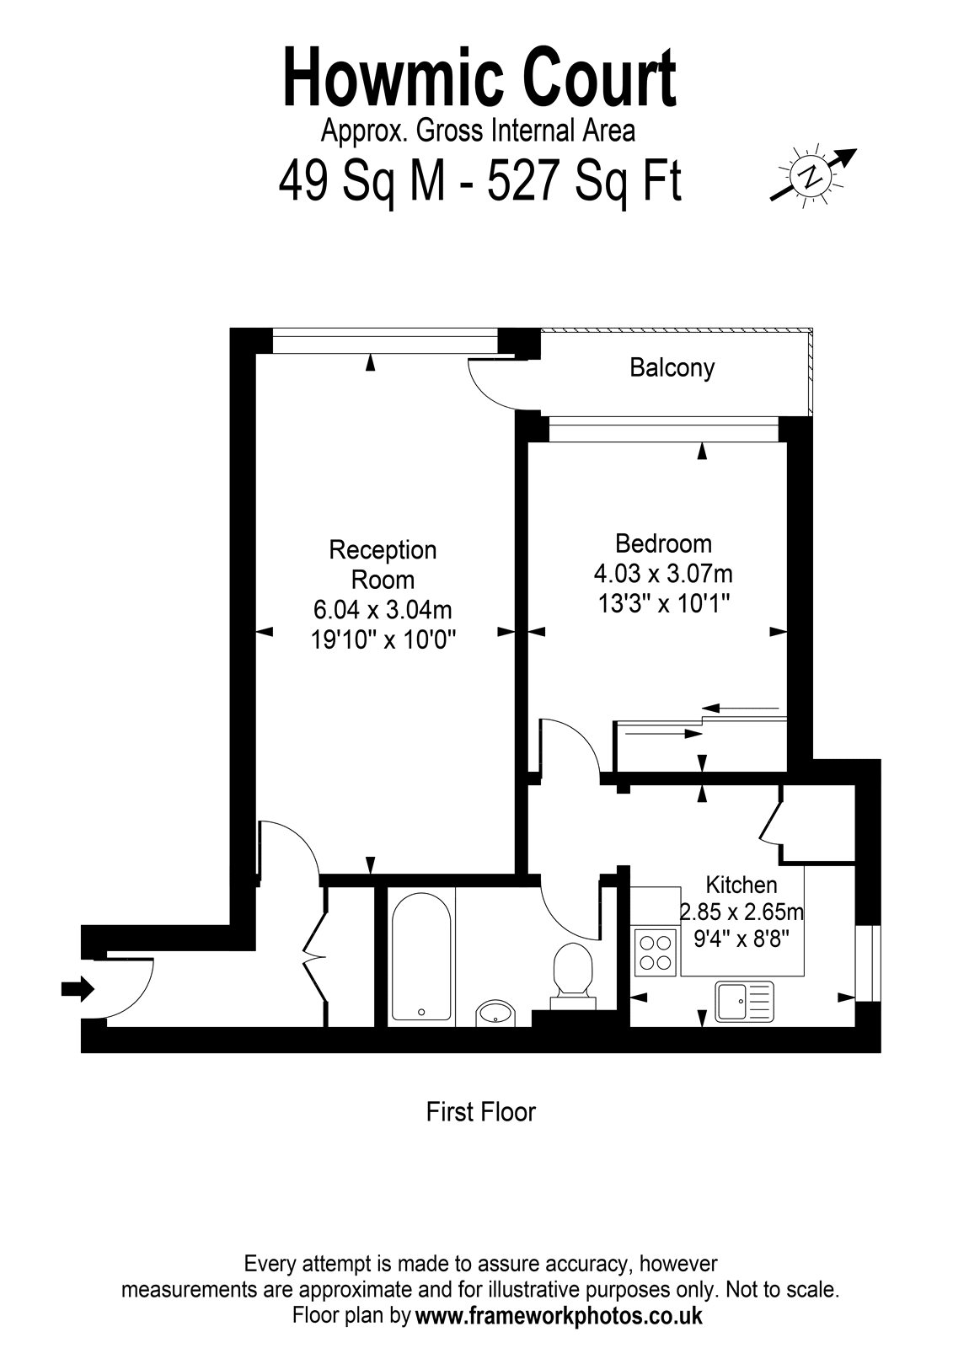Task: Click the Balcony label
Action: (x=672, y=367)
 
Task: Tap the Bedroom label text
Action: (x=663, y=543)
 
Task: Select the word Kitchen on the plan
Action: (x=742, y=885)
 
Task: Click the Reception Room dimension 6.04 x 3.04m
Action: (x=383, y=610)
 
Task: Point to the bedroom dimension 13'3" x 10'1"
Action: (x=663, y=602)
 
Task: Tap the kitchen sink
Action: (x=744, y=1002)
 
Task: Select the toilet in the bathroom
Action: (x=573, y=975)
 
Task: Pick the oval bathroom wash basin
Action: (x=495, y=1013)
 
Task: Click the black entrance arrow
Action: (x=78, y=988)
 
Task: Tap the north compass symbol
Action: (x=813, y=175)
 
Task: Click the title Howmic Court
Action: (x=479, y=78)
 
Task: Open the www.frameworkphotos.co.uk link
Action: (x=559, y=1315)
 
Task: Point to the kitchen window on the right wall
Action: (x=868, y=964)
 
